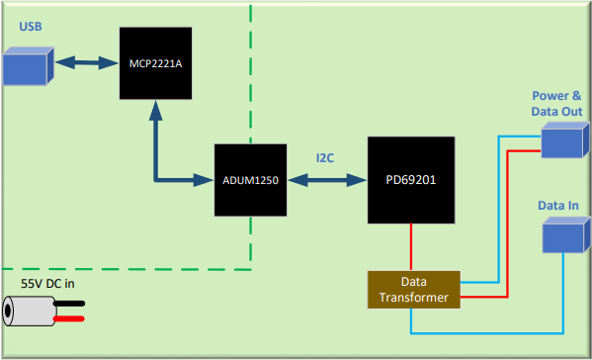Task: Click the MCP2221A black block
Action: (154, 63)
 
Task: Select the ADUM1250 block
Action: (250, 180)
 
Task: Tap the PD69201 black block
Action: (411, 180)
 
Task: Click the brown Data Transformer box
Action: (414, 289)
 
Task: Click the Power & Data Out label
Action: (557, 104)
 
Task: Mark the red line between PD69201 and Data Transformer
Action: (411, 247)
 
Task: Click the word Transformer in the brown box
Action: (414, 297)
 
